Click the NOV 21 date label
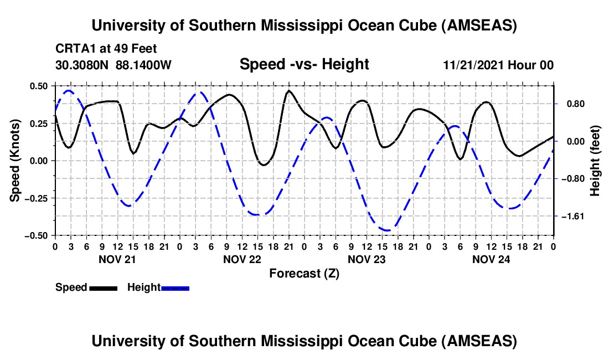(117, 259)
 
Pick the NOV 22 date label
(242, 259)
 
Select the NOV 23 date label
(367, 259)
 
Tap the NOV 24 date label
(491, 259)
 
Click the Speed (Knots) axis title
(16, 161)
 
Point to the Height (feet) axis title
(595, 161)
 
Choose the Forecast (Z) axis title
(304, 273)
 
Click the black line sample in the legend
(102, 287)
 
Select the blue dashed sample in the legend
(175, 287)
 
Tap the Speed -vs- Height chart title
(304, 64)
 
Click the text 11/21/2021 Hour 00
(498, 65)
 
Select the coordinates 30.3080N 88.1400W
(113, 65)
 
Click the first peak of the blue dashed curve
(68, 90)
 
